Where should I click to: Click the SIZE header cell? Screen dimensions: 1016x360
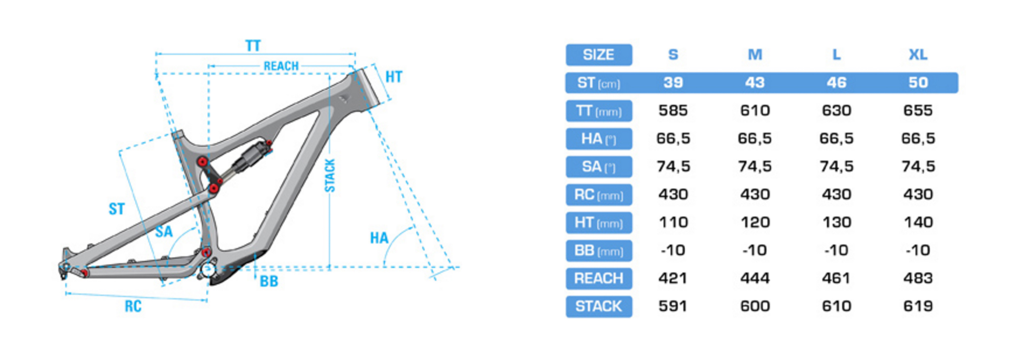(599, 55)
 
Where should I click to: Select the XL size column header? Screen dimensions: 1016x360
(918, 55)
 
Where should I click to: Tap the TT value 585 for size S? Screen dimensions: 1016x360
(673, 110)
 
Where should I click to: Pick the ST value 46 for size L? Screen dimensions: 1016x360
(836, 82)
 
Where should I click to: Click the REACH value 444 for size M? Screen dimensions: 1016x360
(755, 278)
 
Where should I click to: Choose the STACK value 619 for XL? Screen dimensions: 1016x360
(918, 306)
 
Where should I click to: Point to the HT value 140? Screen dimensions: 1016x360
(918, 222)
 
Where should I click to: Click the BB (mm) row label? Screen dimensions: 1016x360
(599, 250)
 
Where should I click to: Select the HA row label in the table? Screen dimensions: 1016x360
(599, 139)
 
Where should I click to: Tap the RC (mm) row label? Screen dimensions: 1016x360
(599, 194)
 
